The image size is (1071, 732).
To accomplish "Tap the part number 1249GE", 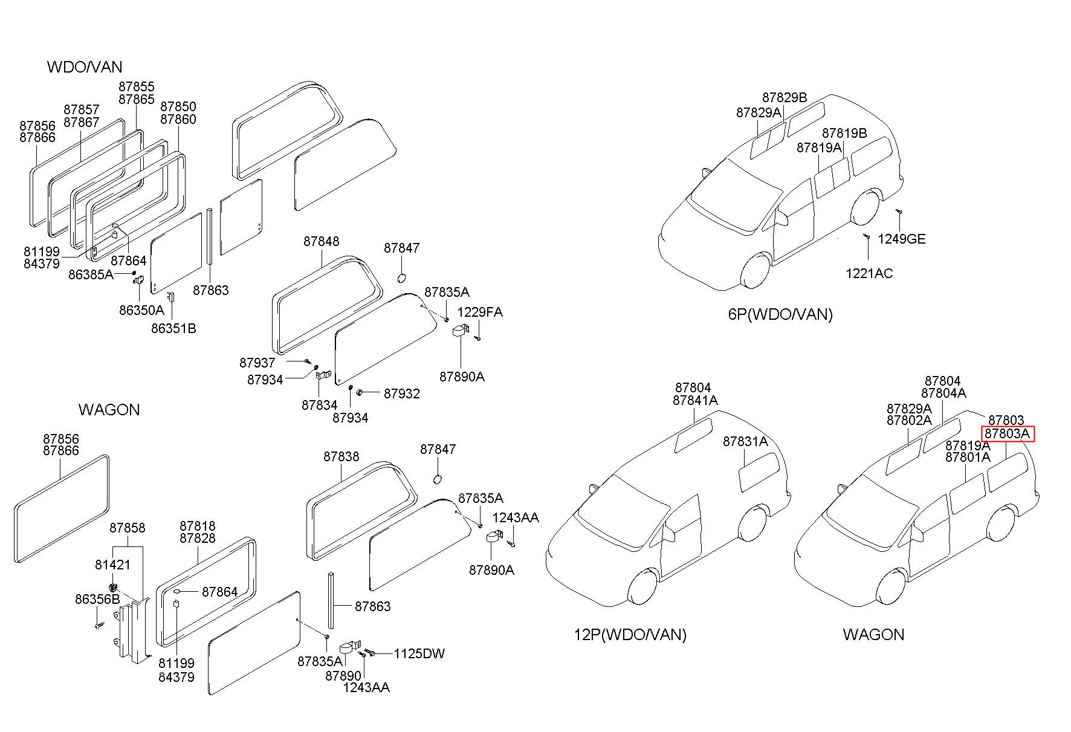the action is click(x=901, y=239).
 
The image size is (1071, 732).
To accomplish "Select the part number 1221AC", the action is click(x=869, y=273).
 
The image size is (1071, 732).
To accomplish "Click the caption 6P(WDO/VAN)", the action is click(x=780, y=314).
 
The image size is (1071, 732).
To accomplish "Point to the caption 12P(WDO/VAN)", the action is click(x=630, y=635).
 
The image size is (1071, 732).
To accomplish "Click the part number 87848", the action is click(x=321, y=241).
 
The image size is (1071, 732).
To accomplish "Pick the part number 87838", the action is click(x=341, y=456).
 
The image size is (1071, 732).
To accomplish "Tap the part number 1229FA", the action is click(x=480, y=312).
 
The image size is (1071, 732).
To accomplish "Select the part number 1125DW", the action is click(x=419, y=653).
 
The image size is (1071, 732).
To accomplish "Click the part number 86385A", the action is click(x=91, y=274).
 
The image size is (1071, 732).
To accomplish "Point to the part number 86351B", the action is click(x=173, y=328).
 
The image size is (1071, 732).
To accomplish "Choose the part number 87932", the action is click(x=402, y=394).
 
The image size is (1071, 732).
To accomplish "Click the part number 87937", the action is click(x=257, y=363).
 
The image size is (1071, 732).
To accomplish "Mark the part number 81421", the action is click(x=112, y=565).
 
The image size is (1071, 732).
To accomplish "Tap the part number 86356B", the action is click(x=97, y=599).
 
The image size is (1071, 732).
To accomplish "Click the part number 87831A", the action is click(x=745, y=442).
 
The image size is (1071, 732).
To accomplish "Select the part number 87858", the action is click(x=127, y=528).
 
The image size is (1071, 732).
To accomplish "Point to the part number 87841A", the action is click(x=695, y=400).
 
